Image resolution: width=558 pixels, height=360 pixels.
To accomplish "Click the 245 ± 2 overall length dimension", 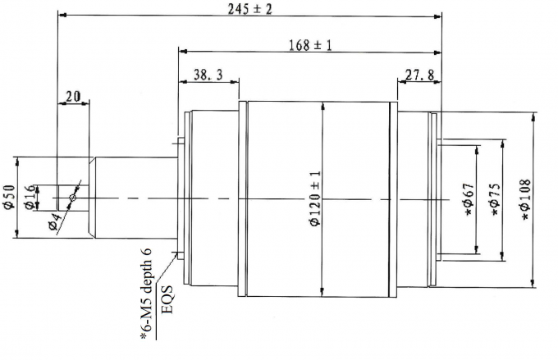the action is tap(249, 9).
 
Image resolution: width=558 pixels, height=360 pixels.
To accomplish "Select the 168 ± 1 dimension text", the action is tap(310, 45).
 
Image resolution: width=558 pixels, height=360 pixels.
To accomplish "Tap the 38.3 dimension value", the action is tap(208, 75).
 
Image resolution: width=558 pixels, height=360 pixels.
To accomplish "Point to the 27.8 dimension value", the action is tap(420, 75).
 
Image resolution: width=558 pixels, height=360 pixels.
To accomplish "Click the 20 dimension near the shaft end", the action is tap(73, 97).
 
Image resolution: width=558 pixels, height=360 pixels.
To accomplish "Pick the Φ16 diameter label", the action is tap(30, 197).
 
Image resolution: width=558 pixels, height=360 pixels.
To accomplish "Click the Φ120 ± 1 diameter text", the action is tap(315, 198).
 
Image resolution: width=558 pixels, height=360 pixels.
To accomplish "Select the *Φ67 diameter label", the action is tap(470, 199).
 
